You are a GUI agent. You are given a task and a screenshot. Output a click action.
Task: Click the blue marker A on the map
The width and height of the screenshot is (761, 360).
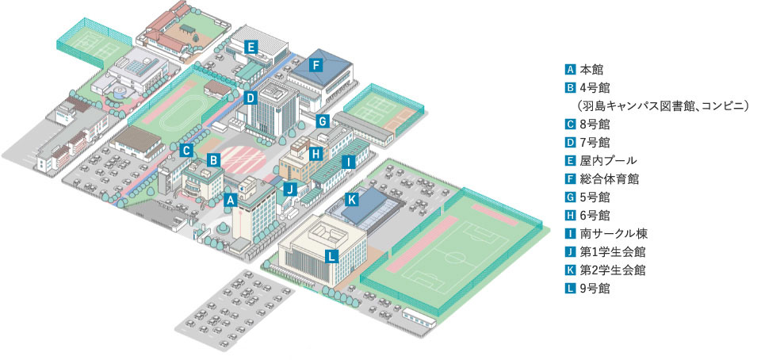(x=230, y=201)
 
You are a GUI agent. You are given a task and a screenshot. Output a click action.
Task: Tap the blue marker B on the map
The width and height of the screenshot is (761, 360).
(x=213, y=159)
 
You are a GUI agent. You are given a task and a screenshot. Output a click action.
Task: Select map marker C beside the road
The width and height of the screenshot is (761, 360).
(x=185, y=150)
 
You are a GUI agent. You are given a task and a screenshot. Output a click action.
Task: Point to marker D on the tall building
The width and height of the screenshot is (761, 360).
(x=250, y=98)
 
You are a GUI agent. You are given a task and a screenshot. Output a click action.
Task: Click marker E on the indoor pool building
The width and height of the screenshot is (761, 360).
(x=250, y=47)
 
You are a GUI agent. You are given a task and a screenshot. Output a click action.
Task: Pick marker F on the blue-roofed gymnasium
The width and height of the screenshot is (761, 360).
(x=315, y=65)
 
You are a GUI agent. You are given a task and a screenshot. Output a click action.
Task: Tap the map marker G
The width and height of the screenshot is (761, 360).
(x=323, y=121)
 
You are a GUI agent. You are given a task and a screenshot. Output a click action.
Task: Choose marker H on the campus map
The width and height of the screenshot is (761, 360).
(x=315, y=152)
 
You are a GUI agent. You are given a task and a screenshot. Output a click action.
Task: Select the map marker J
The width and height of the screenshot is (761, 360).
(x=290, y=189)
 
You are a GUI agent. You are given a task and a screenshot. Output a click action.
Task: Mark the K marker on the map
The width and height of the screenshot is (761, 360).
(x=352, y=198)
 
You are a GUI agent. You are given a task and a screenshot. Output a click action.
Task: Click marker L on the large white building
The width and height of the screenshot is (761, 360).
(x=332, y=255)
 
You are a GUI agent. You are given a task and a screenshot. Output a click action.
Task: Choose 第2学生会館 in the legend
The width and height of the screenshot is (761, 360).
(x=612, y=270)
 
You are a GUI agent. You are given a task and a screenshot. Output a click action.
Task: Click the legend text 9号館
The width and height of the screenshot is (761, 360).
(x=595, y=289)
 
